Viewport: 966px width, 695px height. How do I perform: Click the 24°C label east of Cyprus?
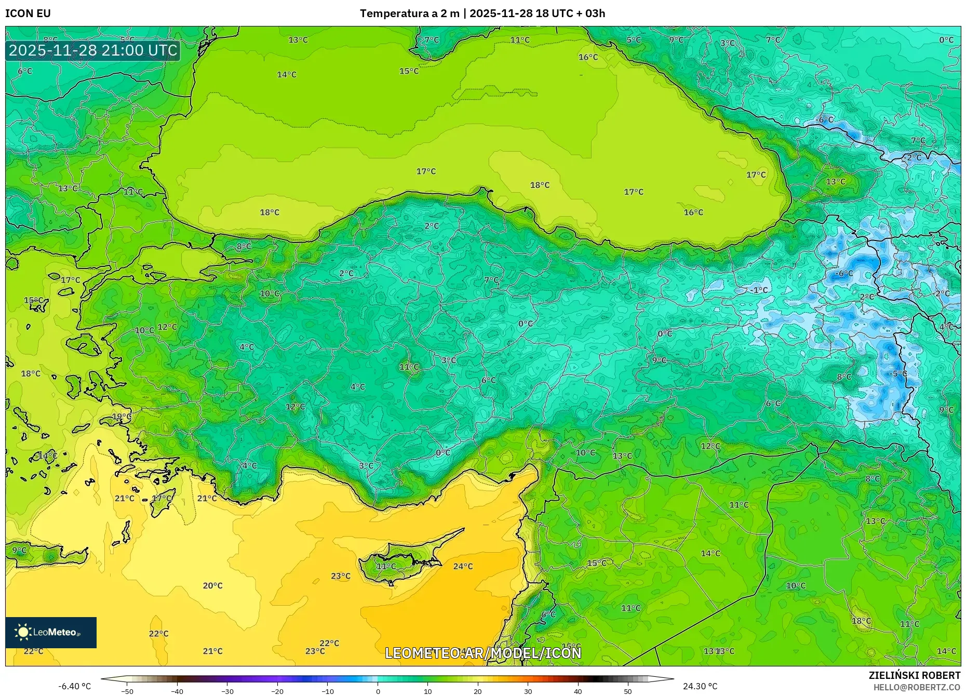pyautogui.click(x=463, y=566)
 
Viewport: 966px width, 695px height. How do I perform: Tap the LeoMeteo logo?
pyautogui.click(x=50, y=632)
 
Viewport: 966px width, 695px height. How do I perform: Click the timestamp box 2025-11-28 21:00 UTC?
pyautogui.click(x=93, y=50)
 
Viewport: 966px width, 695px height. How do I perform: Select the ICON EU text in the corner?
pyautogui.click(x=28, y=14)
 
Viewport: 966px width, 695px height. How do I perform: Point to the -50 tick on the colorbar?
pyautogui.click(x=127, y=691)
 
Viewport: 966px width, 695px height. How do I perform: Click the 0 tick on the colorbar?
pyautogui.click(x=378, y=691)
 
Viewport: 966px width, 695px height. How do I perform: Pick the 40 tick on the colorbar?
pyautogui.click(x=578, y=691)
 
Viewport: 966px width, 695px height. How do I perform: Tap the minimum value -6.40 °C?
pyautogui.click(x=74, y=686)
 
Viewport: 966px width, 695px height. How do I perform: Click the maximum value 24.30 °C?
pyautogui.click(x=700, y=686)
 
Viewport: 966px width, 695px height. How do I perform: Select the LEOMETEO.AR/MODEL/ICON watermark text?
pyautogui.click(x=483, y=653)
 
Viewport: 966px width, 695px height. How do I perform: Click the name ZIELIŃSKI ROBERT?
pyautogui.click(x=914, y=675)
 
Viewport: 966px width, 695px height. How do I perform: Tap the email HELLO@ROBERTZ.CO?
pyautogui.click(x=917, y=687)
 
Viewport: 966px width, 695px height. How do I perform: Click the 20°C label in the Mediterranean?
pyautogui.click(x=212, y=585)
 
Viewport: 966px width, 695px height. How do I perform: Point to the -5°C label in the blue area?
pyautogui.click(x=898, y=373)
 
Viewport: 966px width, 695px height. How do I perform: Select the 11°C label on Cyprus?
pyautogui.click(x=386, y=566)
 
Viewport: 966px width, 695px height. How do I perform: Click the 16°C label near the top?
pyautogui.click(x=588, y=57)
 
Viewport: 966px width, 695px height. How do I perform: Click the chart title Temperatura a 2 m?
pyautogui.click(x=409, y=14)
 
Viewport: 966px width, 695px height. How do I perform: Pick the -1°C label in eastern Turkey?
pyautogui.click(x=759, y=290)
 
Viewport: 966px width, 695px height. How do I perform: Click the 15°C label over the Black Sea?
pyautogui.click(x=409, y=71)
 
